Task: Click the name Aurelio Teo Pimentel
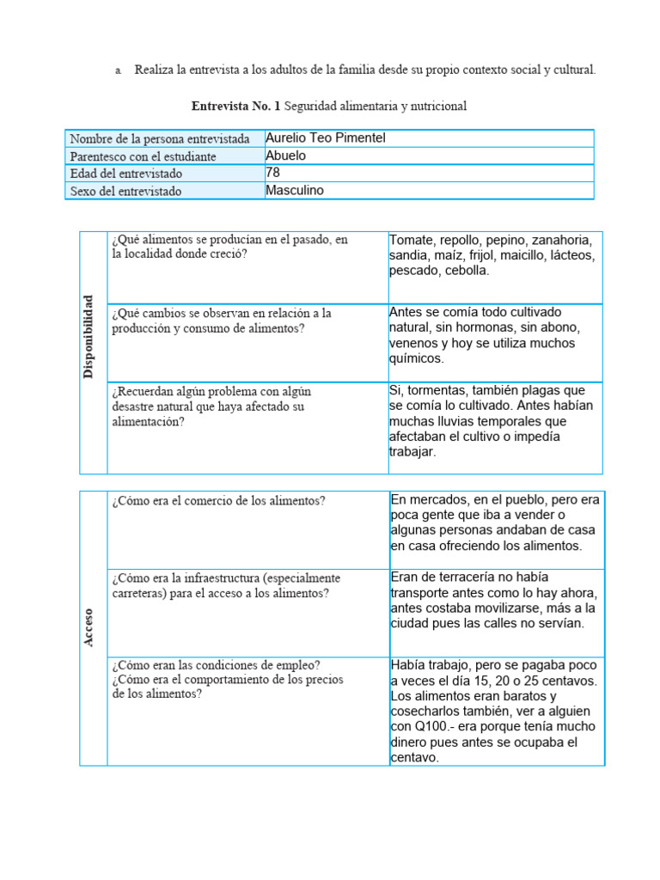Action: [x=320, y=138]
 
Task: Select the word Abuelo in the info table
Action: [x=286, y=156]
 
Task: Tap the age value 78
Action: [x=273, y=173]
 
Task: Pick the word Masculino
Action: [x=295, y=190]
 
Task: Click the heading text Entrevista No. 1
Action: [x=235, y=107]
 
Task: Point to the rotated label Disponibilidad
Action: [x=89, y=336]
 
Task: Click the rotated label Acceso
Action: [x=89, y=628]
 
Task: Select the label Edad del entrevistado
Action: [x=125, y=174]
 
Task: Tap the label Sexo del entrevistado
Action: [x=125, y=191]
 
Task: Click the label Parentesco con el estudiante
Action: [x=143, y=156]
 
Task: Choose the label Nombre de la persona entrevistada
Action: [x=160, y=139]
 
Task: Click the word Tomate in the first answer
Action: [x=412, y=240]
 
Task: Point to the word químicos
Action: [x=417, y=358]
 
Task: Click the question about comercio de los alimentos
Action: [x=218, y=501]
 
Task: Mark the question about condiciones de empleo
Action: [x=217, y=664]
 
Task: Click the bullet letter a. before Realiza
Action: [x=118, y=70]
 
